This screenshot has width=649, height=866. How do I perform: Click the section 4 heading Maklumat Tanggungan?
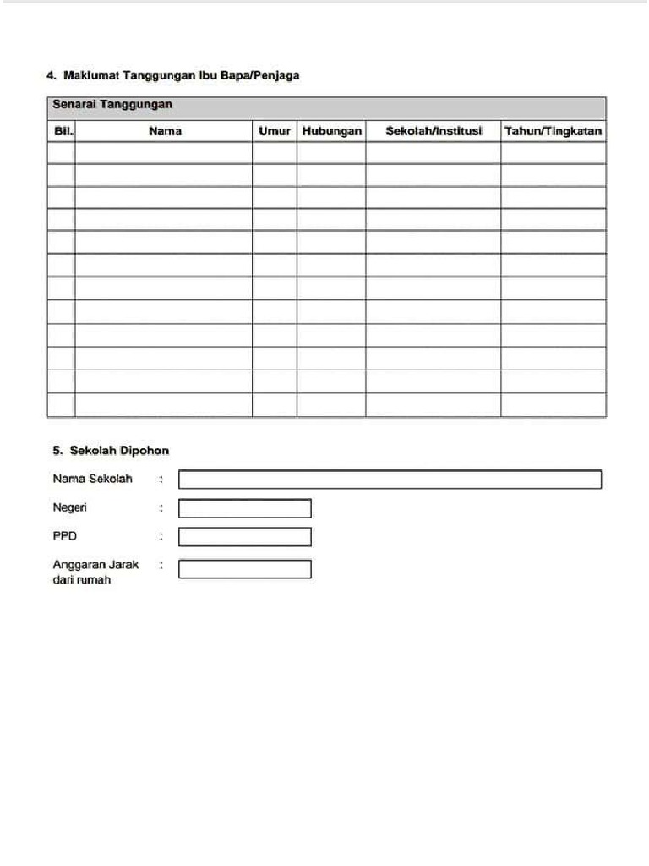coord(172,75)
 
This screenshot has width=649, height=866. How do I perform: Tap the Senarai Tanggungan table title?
coord(112,105)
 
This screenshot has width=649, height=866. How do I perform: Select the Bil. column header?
coord(61,131)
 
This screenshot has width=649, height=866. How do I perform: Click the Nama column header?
coord(164,131)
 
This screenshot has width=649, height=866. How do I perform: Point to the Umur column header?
coord(275,131)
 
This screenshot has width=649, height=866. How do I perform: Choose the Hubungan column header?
coord(331,131)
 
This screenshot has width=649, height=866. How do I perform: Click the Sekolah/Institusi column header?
coord(434,131)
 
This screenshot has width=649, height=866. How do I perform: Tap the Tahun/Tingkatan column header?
coord(553,131)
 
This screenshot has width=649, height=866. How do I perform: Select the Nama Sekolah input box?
coord(390,480)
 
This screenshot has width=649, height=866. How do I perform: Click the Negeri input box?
coord(244,508)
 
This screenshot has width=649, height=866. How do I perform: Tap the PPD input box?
coord(244,537)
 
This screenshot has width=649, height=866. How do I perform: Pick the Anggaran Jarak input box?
coord(244,569)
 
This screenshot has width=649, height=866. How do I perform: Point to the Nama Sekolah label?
coord(92,480)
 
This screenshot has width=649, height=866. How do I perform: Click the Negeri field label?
coord(70,508)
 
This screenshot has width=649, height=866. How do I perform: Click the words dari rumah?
coord(82,581)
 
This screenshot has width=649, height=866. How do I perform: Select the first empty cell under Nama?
coord(163,153)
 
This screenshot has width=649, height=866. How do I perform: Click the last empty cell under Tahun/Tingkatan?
coord(553,405)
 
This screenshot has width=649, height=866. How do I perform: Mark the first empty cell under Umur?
coord(275,153)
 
